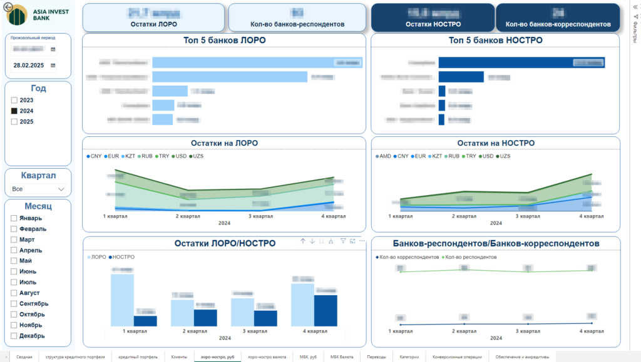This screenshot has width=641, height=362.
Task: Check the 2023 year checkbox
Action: pyautogui.click(x=14, y=100)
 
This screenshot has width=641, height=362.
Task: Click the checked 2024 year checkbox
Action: pyautogui.click(x=14, y=111)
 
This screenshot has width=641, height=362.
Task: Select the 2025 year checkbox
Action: pyautogui.click(x=14, y=121)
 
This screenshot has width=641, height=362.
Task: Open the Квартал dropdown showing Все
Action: pyautogui.click(x=38, y=188)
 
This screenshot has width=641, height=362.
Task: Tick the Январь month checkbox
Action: pyautogui.click(x=14, y=218)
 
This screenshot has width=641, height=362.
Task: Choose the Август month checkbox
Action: pyautogui.click(x=14, y=293)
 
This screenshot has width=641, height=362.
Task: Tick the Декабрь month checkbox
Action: pyautogui.click(x=14, y=336)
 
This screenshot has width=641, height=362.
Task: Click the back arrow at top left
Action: pyautogui.click(x=7, y=7)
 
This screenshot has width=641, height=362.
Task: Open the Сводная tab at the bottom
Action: pyautogui.click(x=24, y=356)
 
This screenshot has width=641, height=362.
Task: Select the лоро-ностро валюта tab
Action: pyautogui.click(x=267, y=356)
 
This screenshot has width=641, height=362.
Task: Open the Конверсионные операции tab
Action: pyautogui.click(x=457, y=356)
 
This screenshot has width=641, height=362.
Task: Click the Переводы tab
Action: pyautogui.click(x=377, y=356)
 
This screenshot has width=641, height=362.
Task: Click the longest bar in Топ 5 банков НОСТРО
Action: pyautogui.click(x=521, y=63)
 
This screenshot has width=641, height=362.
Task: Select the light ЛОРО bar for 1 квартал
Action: pyautogui.click(x=122, y=300)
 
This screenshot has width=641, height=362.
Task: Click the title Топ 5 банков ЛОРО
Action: pyautogui.click(x=223, y=40)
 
